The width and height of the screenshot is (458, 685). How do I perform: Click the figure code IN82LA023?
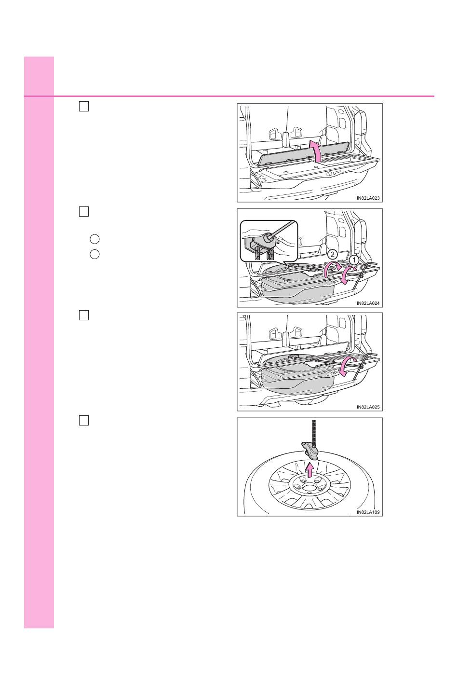click(368, 198)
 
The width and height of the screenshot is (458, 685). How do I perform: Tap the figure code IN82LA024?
click(368, 303)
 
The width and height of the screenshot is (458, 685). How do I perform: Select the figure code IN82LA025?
click(368, 407)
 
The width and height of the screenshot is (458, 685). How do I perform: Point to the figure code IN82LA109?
click(368, 512)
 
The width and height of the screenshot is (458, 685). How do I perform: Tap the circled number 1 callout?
click(354, 260)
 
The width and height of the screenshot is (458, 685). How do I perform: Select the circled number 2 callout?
click(332, 254)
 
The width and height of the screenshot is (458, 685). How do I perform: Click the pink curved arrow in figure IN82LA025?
click(347, 367)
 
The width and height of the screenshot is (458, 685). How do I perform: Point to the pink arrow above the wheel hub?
click(310, 469)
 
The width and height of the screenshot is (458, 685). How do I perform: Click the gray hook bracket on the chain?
click(310, 451)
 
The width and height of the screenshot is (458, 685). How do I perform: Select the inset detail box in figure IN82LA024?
click(269, 241)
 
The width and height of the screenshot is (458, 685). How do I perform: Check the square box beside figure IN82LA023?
click(84, 107)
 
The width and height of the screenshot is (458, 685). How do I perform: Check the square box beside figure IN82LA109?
click(84, 421)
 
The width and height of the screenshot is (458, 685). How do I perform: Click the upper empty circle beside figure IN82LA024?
click(94, 239)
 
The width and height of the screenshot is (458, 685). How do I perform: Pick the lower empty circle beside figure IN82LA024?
click(94, 254)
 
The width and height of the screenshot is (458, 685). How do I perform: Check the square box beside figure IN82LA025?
click(84, 315)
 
